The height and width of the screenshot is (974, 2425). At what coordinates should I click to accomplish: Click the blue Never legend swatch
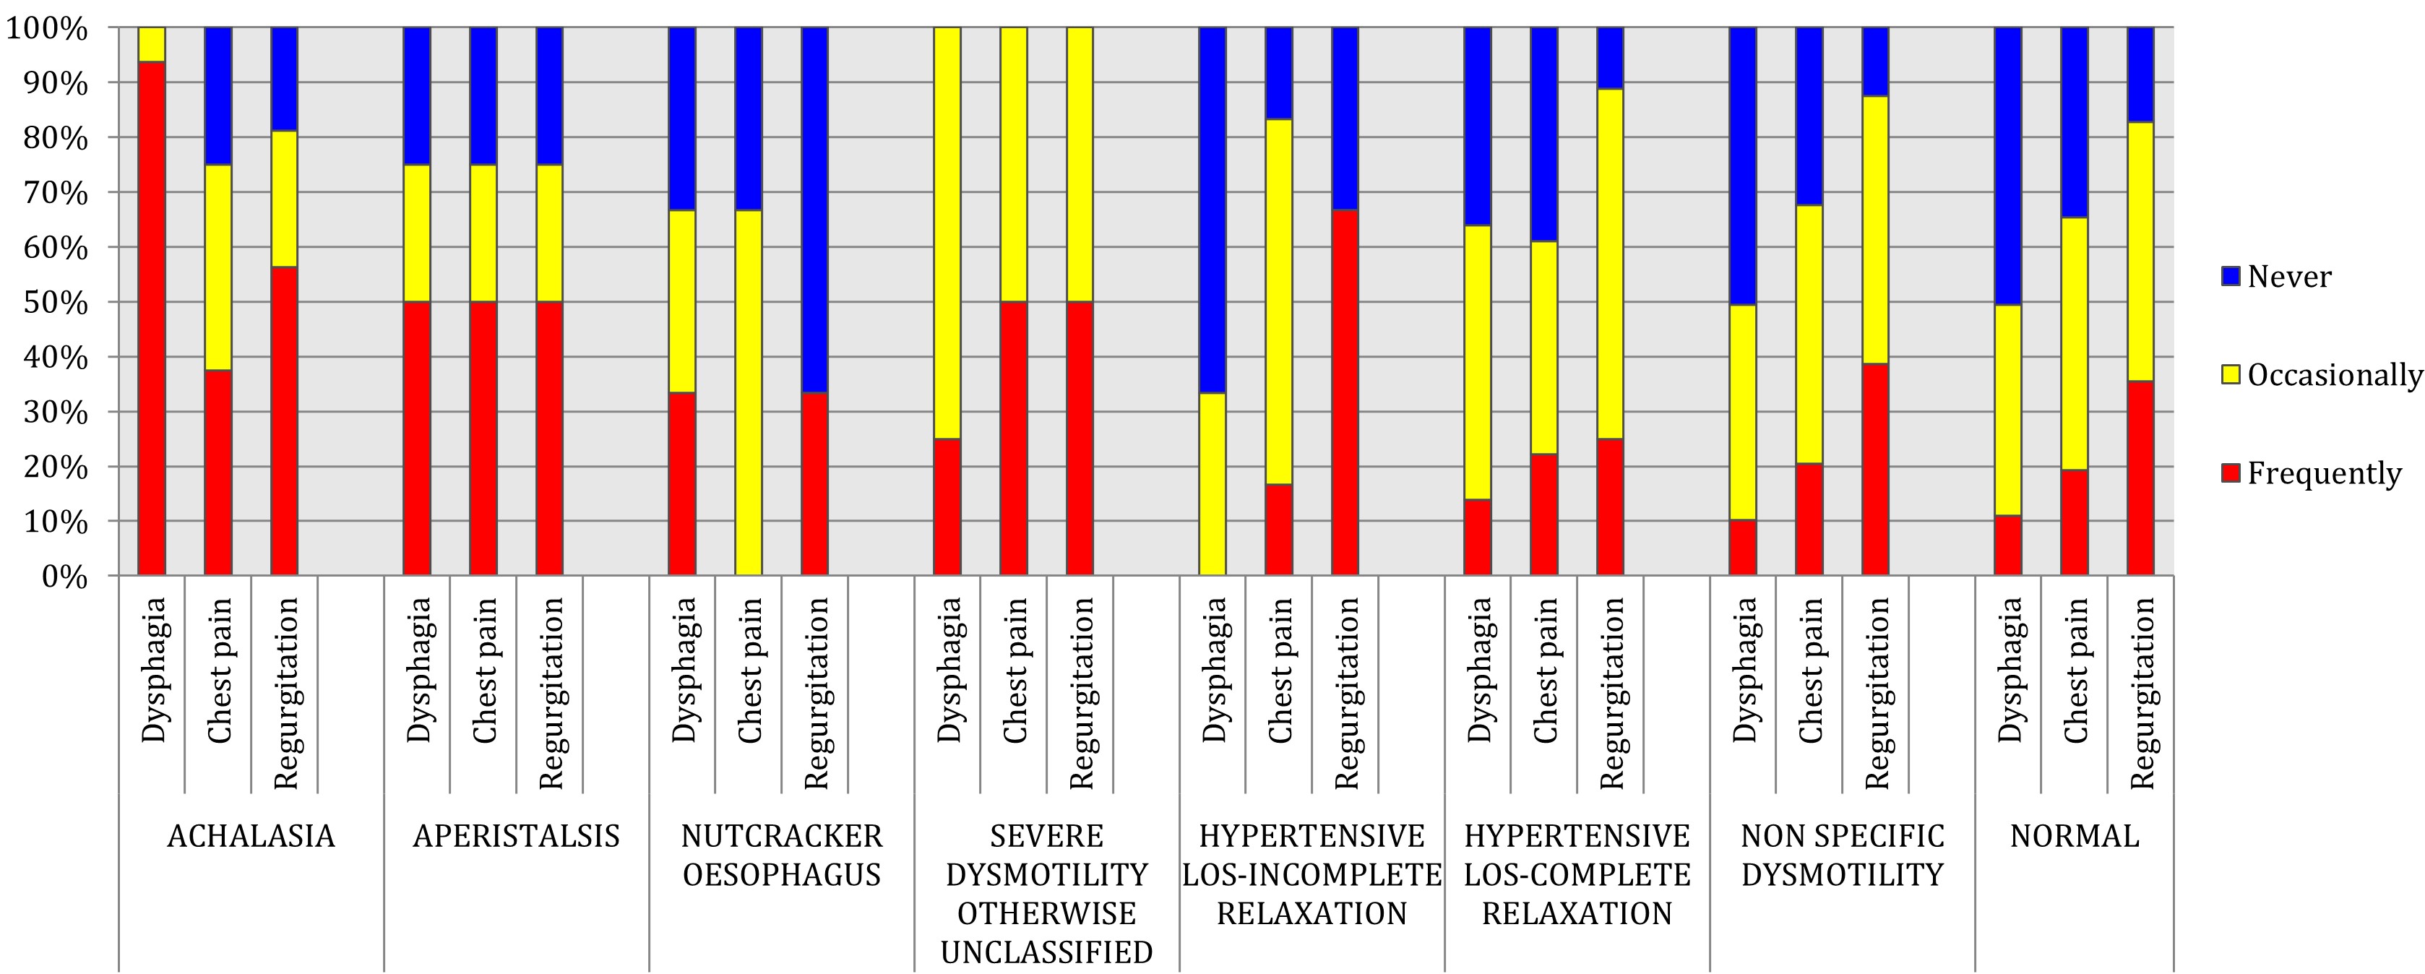tap(2230, 276)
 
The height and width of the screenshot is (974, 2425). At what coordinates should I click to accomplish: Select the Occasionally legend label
tap(2334, 374)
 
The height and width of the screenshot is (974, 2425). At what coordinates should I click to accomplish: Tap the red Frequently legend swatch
tap(2230, 473)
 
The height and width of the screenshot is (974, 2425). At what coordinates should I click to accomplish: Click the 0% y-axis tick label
tap(64, 576)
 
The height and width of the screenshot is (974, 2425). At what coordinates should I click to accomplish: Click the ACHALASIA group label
tap(251, 836)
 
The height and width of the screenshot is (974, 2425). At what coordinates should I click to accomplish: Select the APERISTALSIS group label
tap(516, 836)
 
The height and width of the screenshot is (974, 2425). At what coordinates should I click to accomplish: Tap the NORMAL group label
tap(2074, 836)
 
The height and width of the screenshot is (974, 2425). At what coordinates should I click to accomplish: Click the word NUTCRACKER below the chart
tap(781, 836)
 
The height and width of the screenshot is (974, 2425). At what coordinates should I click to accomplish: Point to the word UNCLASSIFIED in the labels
tap(1046, 952)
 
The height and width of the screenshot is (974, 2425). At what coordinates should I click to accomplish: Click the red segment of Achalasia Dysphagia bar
tap(152, 320)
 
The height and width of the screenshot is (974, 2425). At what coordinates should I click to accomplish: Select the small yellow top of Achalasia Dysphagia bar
tap(152, 44)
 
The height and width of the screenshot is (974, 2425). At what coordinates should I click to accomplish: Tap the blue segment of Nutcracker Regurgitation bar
tap(814, 207)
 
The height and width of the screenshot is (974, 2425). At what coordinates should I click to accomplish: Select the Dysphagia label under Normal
tap(2008, 670)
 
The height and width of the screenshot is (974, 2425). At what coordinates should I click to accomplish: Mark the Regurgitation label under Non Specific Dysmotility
tap(1876, 691)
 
